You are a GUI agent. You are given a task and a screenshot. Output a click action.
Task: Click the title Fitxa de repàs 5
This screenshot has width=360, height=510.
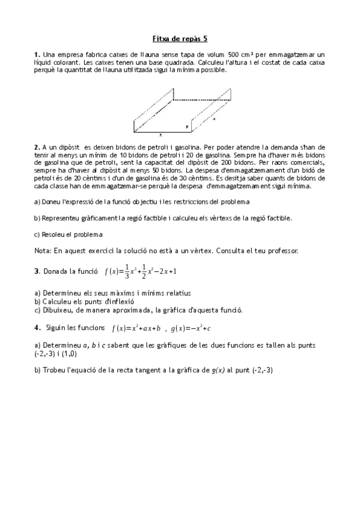[180, 38]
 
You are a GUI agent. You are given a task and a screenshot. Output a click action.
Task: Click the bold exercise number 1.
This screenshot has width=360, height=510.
[37, 54]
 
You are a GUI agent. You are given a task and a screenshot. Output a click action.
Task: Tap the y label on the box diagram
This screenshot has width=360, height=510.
[188, 126]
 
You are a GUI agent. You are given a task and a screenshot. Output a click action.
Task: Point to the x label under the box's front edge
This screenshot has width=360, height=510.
[160, 135]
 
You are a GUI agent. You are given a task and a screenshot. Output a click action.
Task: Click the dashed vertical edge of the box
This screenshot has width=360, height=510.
[174, 94]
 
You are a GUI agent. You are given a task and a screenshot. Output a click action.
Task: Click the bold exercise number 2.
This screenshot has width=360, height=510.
[37, 146]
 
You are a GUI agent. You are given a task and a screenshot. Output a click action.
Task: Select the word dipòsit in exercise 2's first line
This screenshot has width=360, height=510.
[70, 146]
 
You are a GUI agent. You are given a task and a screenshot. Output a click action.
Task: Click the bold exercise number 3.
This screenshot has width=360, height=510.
[37, 271]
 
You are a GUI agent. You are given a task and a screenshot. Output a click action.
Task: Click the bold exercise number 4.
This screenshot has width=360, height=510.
[37, 328]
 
